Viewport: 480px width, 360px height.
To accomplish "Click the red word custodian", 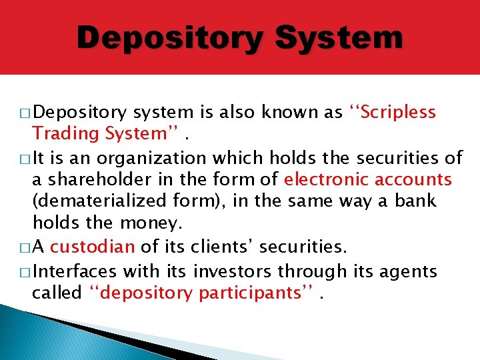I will (92, 247).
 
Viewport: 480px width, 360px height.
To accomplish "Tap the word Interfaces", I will (73, 271).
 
